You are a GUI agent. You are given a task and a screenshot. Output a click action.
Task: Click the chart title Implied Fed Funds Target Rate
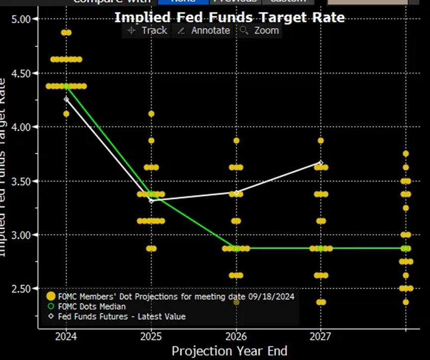click(x=230, y=17)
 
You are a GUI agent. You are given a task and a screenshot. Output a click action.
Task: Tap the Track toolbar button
click(x=147, y=31)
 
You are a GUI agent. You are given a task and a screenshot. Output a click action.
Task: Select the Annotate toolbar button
click(x=204, y=31)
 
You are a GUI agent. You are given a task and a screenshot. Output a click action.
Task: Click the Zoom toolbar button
click(x=259, y=31)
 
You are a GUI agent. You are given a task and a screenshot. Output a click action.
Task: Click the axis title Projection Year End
click(x=230, y=351)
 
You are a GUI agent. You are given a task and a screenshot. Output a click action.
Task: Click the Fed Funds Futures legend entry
click(x=122, y=316)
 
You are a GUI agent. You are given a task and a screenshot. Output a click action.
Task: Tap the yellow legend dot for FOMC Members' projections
click(x=50, y=297)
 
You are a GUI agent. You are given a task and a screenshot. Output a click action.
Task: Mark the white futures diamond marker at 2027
click(x=321, y=163)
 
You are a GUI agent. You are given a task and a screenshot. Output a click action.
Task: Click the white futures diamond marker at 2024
click(x=66, y=99)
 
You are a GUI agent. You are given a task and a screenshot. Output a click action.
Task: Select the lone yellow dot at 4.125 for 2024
click(x=66, y=114)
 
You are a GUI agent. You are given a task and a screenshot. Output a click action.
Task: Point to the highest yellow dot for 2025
click(x=151, y=114)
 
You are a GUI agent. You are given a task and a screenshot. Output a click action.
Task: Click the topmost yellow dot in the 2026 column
click(x=236, y=141)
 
